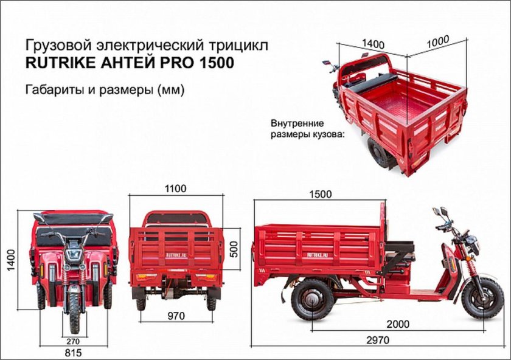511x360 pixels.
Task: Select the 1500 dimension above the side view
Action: point(320,195)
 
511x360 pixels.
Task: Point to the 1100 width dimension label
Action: point(175,189)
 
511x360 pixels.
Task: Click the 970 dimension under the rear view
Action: point(176,316)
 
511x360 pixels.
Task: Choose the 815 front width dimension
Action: point(72,352)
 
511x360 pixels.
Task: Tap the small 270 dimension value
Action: point(74,341)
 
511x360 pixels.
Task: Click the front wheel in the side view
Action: point(482,298)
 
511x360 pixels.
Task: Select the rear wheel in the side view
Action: point(312,299)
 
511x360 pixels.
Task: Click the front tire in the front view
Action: point(74,310)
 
